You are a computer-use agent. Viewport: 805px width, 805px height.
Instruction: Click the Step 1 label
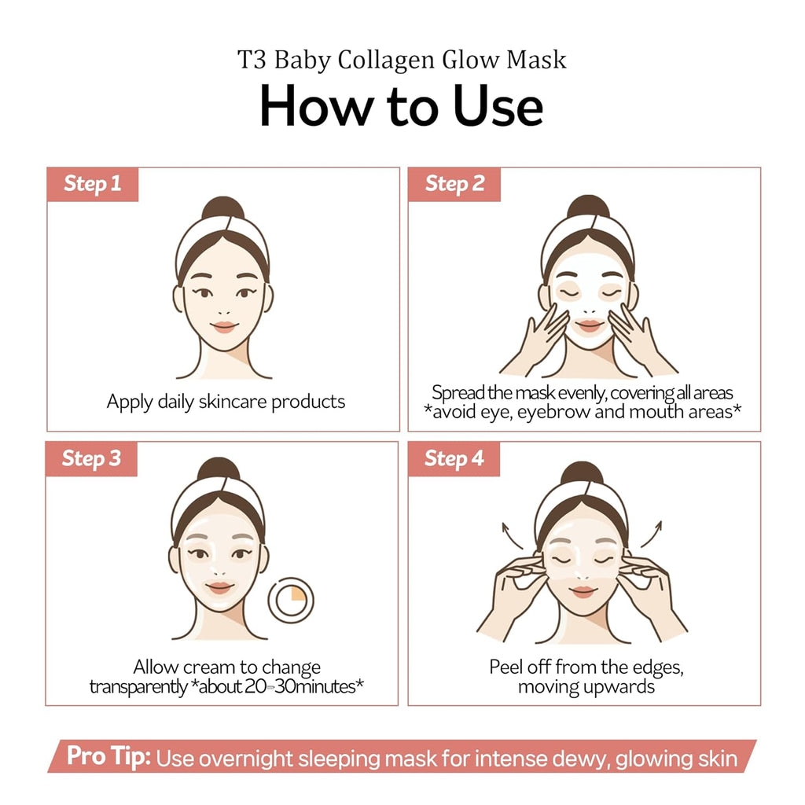pos(93,184)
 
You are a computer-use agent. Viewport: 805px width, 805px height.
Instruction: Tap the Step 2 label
pos(454,184)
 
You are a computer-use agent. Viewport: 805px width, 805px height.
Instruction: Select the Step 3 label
pos(91,458)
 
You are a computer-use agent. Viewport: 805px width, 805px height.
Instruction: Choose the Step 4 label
pos(454,458)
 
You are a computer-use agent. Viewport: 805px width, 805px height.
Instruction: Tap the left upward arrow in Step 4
pos(513,534)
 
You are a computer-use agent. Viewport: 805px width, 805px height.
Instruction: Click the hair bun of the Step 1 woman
pos(223,208)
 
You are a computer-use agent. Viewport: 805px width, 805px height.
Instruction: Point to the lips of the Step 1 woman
pos(224,327)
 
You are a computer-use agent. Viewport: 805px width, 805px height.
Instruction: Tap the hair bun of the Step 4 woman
pos(582,475)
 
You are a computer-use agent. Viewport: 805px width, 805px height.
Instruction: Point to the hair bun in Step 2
pos(588,208)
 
